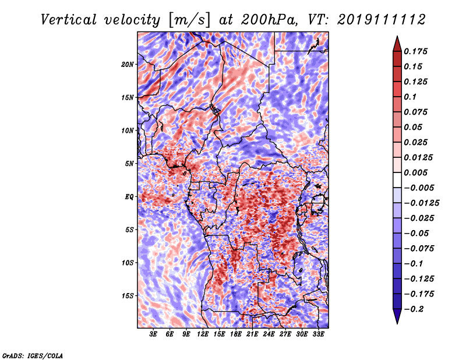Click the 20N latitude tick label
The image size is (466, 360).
pyautogui.click(x=128, y=64)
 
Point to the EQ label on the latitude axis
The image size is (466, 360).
pyautogui.click(x=130, y=196)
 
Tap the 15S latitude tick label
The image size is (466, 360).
pyautogui.click(x=128, y=295)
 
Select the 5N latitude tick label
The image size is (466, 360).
pyautogui.click(x=130, y=164)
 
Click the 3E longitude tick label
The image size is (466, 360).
pyautogui.click(x=154, y=334)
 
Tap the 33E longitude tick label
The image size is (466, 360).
pyautogui.click(x=318, y=334)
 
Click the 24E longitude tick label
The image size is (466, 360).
pyautogui.click(x=269, y=334)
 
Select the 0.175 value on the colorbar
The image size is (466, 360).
pyautogui.click(x=417, y=51)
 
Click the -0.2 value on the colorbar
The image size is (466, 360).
pyautogui.click(x=414, y=309)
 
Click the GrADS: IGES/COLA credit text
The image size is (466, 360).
pyautogui.click(x=32, y=354)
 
